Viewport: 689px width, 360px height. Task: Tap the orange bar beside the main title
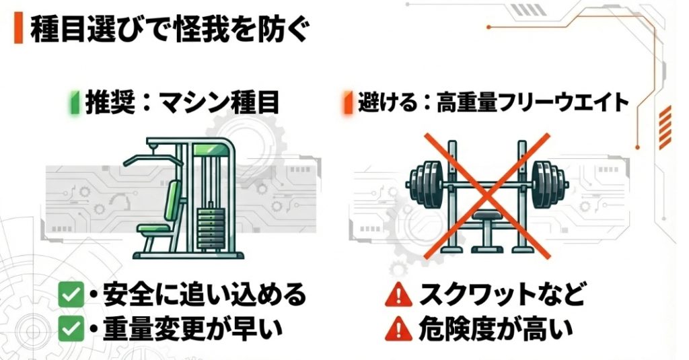18,30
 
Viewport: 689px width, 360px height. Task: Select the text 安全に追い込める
205,294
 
